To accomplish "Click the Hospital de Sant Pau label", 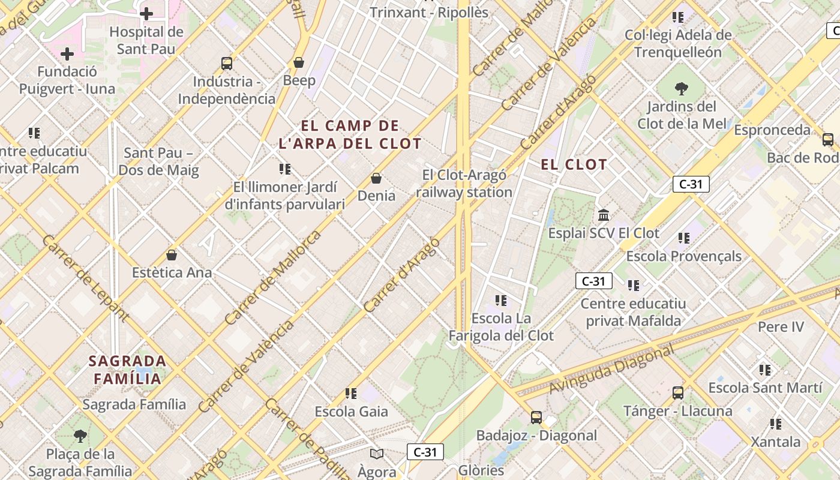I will (x=146, y=40).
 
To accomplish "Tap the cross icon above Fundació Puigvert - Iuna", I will (x=67, y=55).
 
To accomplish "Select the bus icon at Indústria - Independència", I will (x=227, y=64).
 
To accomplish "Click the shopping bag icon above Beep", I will (x=299, y=62).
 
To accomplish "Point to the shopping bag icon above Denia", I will (x=376, y=178).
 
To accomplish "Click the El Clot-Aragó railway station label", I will (x=464, y=184).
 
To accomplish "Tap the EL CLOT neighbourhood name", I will (x=574, y=164).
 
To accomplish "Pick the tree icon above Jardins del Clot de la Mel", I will (x=681, y=89).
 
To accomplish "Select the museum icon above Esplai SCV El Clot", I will (x=604, y=215).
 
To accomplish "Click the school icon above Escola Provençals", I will (x=684, y=238).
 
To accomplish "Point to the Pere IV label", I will (x=781, y=327).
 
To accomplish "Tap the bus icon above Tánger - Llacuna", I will (x=678, y=393).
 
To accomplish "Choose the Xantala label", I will (x=776, y=442).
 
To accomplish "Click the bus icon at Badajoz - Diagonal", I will (x=536, y=418).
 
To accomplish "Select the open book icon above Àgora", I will (x=377, y=454).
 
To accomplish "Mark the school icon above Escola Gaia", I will (x=351, y=394).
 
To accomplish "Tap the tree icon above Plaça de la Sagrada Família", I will (x=80, y=436).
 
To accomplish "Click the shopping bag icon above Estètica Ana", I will (x=172, y=255).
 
